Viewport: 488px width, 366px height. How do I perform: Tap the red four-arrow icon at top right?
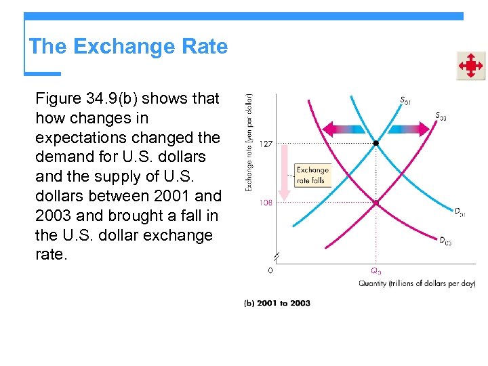pos(470,66)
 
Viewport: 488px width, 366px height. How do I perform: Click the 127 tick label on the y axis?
pos(267,144)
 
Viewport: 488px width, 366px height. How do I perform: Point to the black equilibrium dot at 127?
pos(376,144)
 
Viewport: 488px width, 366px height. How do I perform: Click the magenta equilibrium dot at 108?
pos(376,203)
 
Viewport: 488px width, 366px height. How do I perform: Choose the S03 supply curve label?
pos(441,116)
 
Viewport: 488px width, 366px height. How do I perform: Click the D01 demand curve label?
pos(460,213)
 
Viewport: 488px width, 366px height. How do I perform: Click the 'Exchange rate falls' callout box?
pos(312,175)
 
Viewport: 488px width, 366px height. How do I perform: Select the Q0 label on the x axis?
pos(375,270)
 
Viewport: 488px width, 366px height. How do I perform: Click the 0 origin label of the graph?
pos(271,270)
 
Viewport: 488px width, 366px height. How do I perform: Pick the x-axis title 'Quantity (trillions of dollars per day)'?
pos(417,283)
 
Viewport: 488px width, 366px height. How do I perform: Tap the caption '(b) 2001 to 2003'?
pos(277,303)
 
